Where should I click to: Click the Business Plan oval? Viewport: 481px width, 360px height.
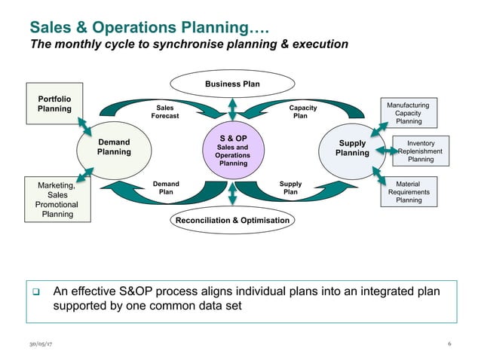pos(232,84)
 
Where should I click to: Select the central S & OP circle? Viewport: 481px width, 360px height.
pos(233,151)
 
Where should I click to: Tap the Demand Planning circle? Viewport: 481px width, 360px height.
pos(113,147)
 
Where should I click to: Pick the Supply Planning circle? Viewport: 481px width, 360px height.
pos(352,148)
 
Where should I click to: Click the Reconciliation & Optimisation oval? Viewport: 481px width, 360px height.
pos(232,221)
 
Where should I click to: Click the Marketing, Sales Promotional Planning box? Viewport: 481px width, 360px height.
pos(57,199)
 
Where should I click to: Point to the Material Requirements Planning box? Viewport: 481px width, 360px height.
pos(408,192)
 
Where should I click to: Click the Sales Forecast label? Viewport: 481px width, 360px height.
pos(165,112)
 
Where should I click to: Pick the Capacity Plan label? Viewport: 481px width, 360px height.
pos(300,112)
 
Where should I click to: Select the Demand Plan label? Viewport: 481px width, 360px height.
pos(166,188)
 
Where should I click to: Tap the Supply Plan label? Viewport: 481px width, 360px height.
pos(290,188)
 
